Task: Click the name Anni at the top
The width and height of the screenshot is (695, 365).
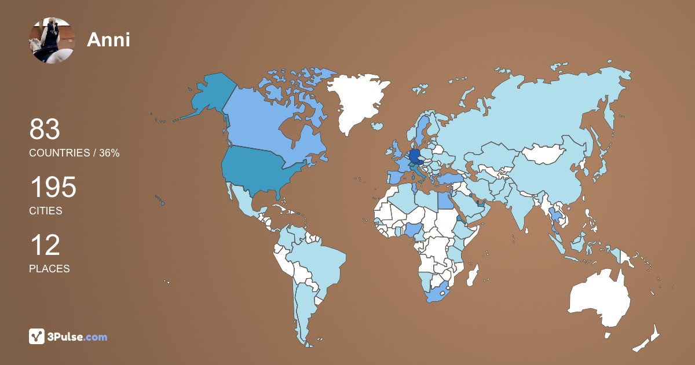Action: (108, 39)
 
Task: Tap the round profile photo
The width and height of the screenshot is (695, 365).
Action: (52, 39)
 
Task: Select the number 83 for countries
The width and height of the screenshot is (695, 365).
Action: (45, 130)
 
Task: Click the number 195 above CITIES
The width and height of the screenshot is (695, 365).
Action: (53, 188)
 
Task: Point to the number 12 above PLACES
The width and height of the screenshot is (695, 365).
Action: (45, 246)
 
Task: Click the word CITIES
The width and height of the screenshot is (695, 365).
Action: (46, 211)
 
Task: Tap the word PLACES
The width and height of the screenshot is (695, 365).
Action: (49, 269)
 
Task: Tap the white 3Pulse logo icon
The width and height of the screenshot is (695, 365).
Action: (37, 337)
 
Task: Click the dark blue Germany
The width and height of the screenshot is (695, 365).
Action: (415, 157)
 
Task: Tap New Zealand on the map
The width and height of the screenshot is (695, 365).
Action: (649, 340)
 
